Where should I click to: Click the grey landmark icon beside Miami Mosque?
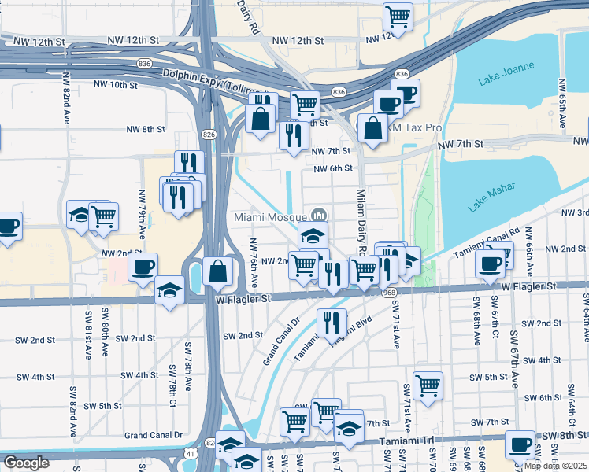319,214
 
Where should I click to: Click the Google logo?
26,463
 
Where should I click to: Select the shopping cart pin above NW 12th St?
398,16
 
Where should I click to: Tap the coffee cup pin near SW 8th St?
520,444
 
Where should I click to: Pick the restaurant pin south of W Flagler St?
332,321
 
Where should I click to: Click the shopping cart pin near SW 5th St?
428,385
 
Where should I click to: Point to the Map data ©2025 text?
555,466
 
